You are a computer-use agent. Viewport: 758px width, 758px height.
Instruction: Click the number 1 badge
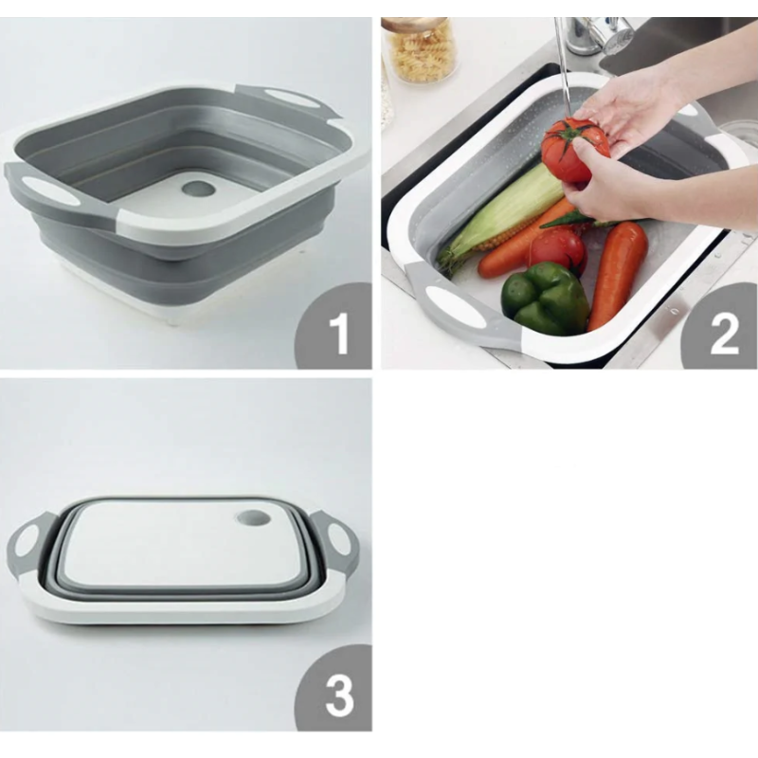tap(334, 326)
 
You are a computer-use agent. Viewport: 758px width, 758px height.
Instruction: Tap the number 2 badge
tap(719, 326)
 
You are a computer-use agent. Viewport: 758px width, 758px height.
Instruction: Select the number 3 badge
tap(334, 688)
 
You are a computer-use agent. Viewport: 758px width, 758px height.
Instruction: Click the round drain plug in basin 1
tap(198, 189)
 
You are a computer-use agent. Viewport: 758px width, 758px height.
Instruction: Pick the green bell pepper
tap(546, 298)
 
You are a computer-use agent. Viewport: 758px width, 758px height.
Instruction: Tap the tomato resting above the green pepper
tap(557, 250)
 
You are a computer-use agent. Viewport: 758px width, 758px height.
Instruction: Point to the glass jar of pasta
tap(422, 52)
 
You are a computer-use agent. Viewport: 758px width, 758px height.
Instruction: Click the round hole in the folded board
tap(254, 518)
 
